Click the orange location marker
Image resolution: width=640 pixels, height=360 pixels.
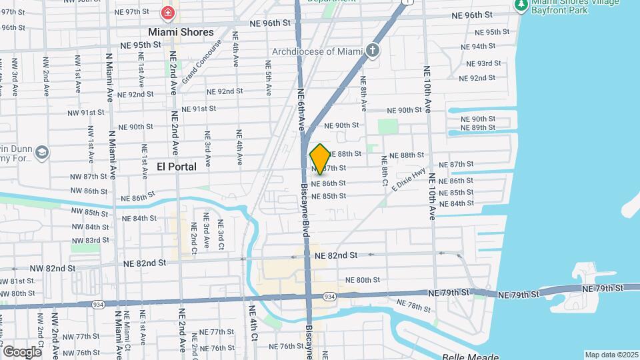point(320,159)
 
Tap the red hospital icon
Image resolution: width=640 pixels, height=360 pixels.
point(167,12)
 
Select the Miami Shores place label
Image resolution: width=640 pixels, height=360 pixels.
point(181,32)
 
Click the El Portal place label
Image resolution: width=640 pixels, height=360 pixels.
point(177,166)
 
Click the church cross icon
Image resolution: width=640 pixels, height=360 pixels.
point(373,51)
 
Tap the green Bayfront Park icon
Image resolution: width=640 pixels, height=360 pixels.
point(521,5)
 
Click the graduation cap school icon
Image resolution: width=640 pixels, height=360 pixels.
point(41,153)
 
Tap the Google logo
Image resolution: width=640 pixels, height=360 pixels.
point(22,351)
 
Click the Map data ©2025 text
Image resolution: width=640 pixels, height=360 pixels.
point(611,355)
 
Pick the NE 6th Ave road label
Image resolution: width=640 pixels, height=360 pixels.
point(301,109)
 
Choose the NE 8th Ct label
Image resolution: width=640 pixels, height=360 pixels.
point(384,169)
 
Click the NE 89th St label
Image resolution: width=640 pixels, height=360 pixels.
point(478,127)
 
